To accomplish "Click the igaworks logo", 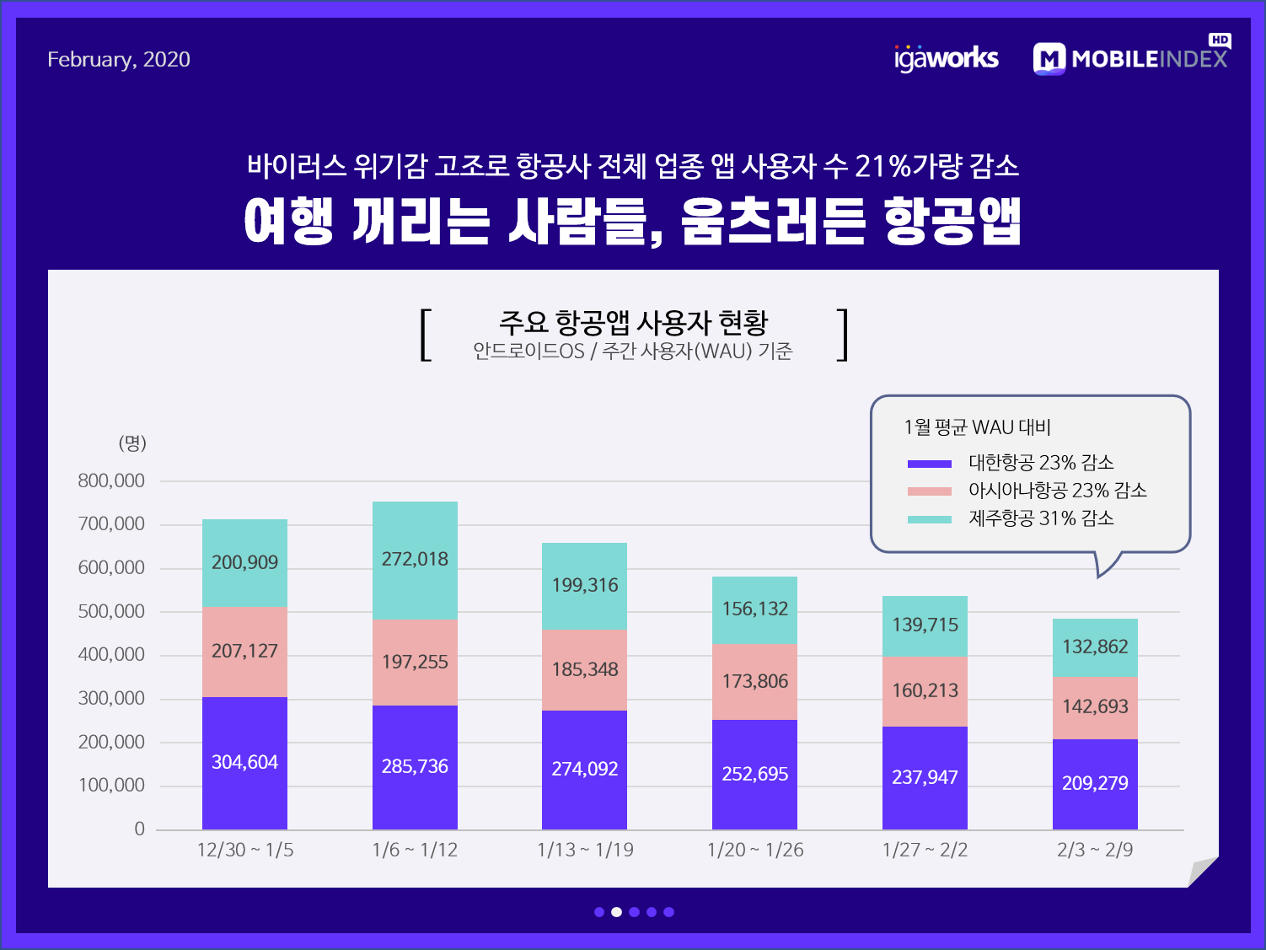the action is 946,58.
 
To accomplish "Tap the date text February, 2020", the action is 119,59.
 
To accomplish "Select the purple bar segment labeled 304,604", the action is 244,763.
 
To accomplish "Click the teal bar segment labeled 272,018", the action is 415,560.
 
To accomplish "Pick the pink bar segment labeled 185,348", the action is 584,669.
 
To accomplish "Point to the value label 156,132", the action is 755,609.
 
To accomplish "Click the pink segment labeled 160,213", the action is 925,691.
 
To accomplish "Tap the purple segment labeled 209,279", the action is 1095,784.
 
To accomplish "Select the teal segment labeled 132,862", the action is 1095,647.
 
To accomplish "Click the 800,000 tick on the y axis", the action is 111,480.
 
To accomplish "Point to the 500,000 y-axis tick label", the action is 111,611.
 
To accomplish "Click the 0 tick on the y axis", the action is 139,829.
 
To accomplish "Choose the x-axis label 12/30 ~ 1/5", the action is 245,850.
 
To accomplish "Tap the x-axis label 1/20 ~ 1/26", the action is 755,850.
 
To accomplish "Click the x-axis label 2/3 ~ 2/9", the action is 1095,850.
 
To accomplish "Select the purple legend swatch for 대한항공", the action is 929,463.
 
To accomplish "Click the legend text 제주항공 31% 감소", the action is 1041,518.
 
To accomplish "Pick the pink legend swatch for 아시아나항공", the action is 929,491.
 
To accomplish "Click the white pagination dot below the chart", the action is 616,912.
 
